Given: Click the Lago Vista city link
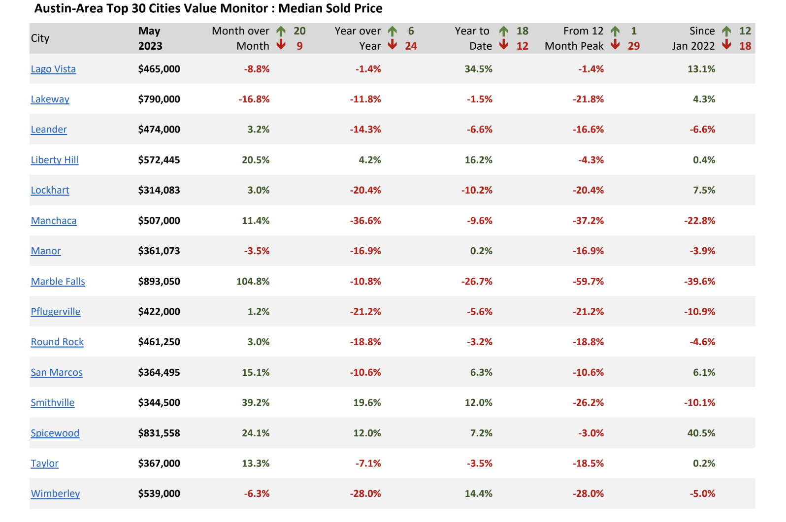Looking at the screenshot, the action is [53, 69].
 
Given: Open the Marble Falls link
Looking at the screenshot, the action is [58, 281].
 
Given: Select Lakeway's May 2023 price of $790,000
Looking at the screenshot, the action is [159, 99].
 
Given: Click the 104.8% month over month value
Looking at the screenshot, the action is [253, 281].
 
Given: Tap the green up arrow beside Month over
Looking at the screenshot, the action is [281, 31].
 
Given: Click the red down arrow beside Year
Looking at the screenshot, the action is [393, 44].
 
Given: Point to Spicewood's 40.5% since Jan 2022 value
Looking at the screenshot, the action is [701, 433].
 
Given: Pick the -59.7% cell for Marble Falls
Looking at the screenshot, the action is [588, 281].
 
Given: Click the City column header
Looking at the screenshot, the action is [40, 38].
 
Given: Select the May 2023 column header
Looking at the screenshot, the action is [150, 38].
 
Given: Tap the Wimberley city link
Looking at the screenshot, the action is [56, 493].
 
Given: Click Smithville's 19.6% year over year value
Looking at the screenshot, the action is [367, 402].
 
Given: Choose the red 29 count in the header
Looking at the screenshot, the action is [634, 46].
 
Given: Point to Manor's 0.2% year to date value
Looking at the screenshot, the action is [481, 251].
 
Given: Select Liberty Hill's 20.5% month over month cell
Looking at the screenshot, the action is [256, 160].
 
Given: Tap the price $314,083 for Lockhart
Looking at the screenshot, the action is [159, 190].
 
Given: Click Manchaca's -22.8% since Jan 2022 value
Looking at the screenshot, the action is [699, 221].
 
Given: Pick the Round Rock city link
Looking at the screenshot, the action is [57, 342].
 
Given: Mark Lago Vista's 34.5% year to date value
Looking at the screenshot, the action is [478, 69].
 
